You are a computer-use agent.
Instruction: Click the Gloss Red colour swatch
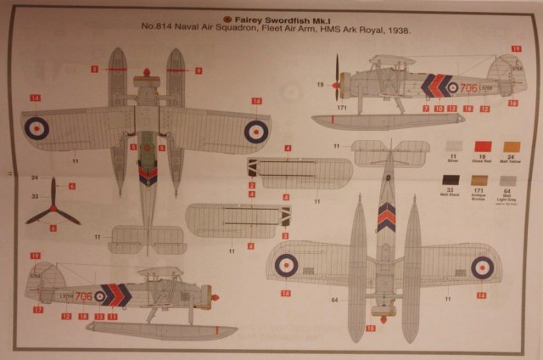tap(483, 147)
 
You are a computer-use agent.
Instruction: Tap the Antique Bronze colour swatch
tap(479, 181)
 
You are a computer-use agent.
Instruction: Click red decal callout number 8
tap(95, 70)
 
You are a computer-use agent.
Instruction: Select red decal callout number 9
tap(198, 70)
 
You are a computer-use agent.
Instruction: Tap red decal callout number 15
tap(370, 328)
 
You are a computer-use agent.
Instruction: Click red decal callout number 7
tap(425, 109)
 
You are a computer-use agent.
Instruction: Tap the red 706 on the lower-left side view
tap(82, 296)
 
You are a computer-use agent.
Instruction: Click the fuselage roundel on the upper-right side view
tap(453, 87)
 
